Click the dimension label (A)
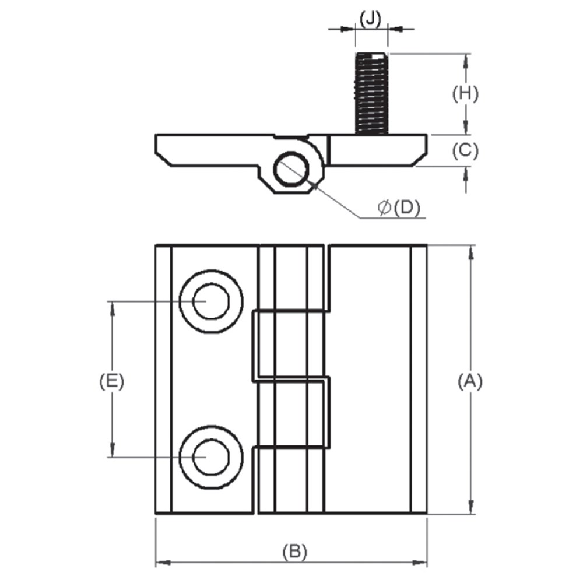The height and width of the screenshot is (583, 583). (x=470, y=381)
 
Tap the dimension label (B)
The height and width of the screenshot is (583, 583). (x=294, y=551)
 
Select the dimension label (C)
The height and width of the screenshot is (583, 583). (x=465, y=151)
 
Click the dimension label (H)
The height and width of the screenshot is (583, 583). (x=465, y=93)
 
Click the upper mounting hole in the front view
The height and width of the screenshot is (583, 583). (x=210, y=301)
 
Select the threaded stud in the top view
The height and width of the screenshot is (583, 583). (x=371, y=92)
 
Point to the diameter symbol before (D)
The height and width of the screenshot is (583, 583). (x=384, y=208)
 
